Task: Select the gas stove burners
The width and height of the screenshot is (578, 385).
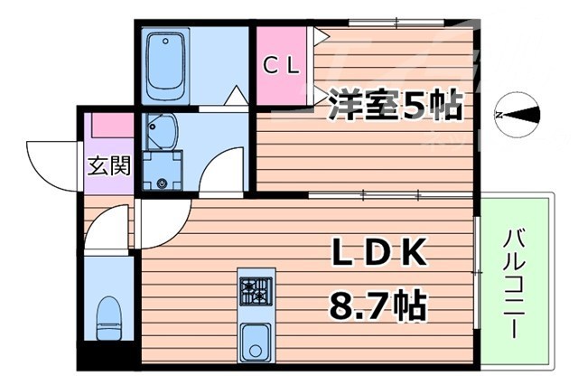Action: pos(255,291)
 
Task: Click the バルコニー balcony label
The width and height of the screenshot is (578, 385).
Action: pos(517,281)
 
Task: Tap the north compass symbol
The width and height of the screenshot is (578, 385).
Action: pos(517,115)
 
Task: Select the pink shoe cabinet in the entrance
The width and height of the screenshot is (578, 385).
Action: pos(109,126)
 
